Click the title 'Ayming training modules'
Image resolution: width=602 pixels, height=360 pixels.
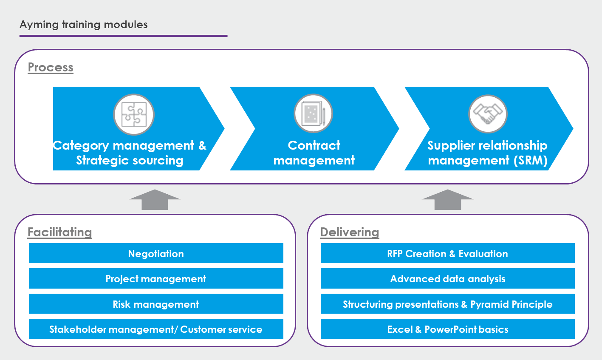[x=84, y=25]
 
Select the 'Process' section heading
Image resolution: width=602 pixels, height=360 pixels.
[x=51, y=67]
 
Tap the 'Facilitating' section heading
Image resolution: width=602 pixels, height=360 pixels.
[x=59, y=232]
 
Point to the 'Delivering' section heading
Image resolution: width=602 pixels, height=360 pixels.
[x=350, y=232]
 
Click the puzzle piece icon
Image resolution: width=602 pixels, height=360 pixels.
[x=134, y=114]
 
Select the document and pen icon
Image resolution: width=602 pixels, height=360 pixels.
[x=314, y=113]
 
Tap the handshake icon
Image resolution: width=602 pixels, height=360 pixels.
[x=488, y=114]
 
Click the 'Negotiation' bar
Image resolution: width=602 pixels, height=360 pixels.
[x=156, y=253]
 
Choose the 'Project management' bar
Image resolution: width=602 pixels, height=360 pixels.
[x=156, y=278]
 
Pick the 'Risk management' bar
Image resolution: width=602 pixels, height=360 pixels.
[x=156, y=304]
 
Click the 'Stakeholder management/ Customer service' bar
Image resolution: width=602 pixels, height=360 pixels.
[x=156, y=329]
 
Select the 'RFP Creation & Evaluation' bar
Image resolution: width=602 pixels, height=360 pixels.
[x=448, y=253]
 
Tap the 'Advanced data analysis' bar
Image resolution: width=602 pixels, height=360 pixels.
[x=448, y=278]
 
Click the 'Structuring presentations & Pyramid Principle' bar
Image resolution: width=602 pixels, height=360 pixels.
[x=448, y=304]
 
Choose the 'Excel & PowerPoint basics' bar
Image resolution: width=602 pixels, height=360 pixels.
[x=448, y=329]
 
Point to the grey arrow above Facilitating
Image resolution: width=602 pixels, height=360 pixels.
[x=155, y=200]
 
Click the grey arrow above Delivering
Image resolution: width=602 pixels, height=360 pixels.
[x=448, y=200]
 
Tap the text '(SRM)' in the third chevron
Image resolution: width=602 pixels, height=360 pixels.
[x=531, y=161]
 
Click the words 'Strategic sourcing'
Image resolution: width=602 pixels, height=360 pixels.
[x=130, y=161]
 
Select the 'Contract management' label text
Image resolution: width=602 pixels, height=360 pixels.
[x=314, y=153]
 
